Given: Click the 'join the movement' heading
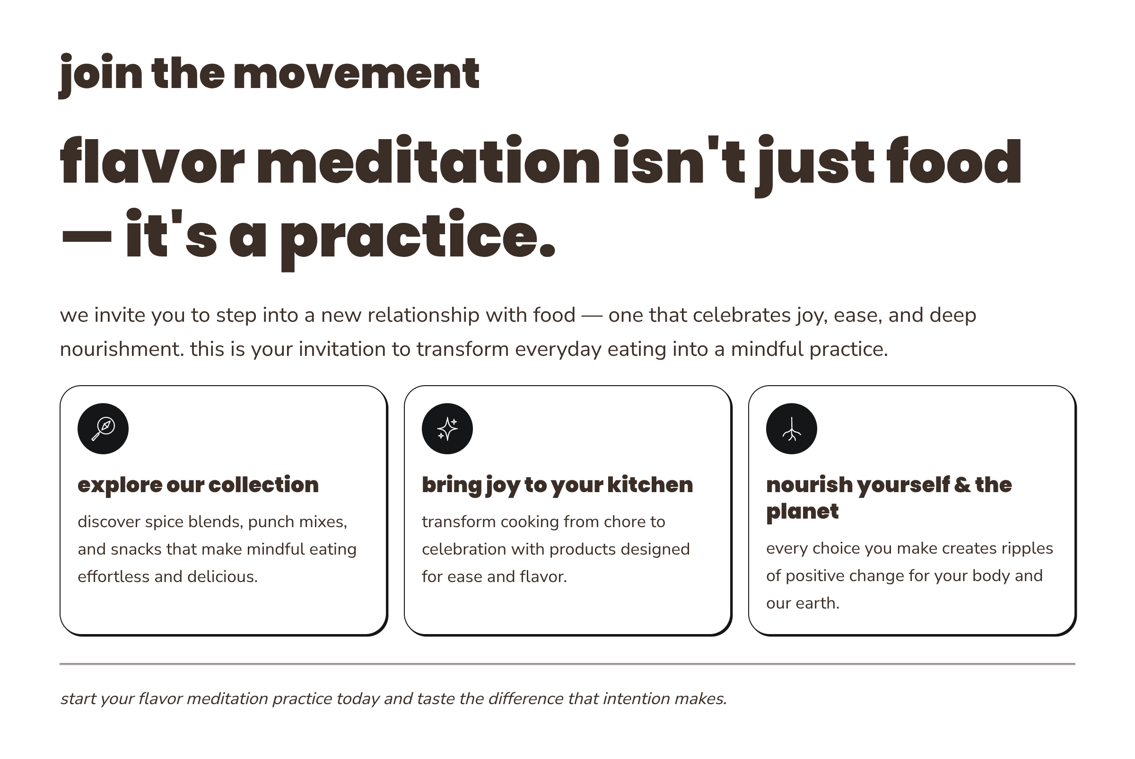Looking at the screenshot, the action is click(x=269, y=74).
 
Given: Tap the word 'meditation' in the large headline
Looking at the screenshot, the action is click(x=428, y=161).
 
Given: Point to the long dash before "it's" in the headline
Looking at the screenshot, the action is click(x=87, y=237).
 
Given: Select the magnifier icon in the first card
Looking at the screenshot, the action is click(x=103, y=429).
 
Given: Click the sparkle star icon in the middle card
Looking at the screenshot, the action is click(x=447, y=429).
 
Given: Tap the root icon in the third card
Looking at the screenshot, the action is click(x=792, y=429).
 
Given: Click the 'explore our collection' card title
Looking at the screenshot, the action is click(x=198, y=485).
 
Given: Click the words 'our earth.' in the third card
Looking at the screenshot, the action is click(x=803, y=603).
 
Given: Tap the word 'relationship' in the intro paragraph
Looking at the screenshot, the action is click(x=424, y=316).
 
